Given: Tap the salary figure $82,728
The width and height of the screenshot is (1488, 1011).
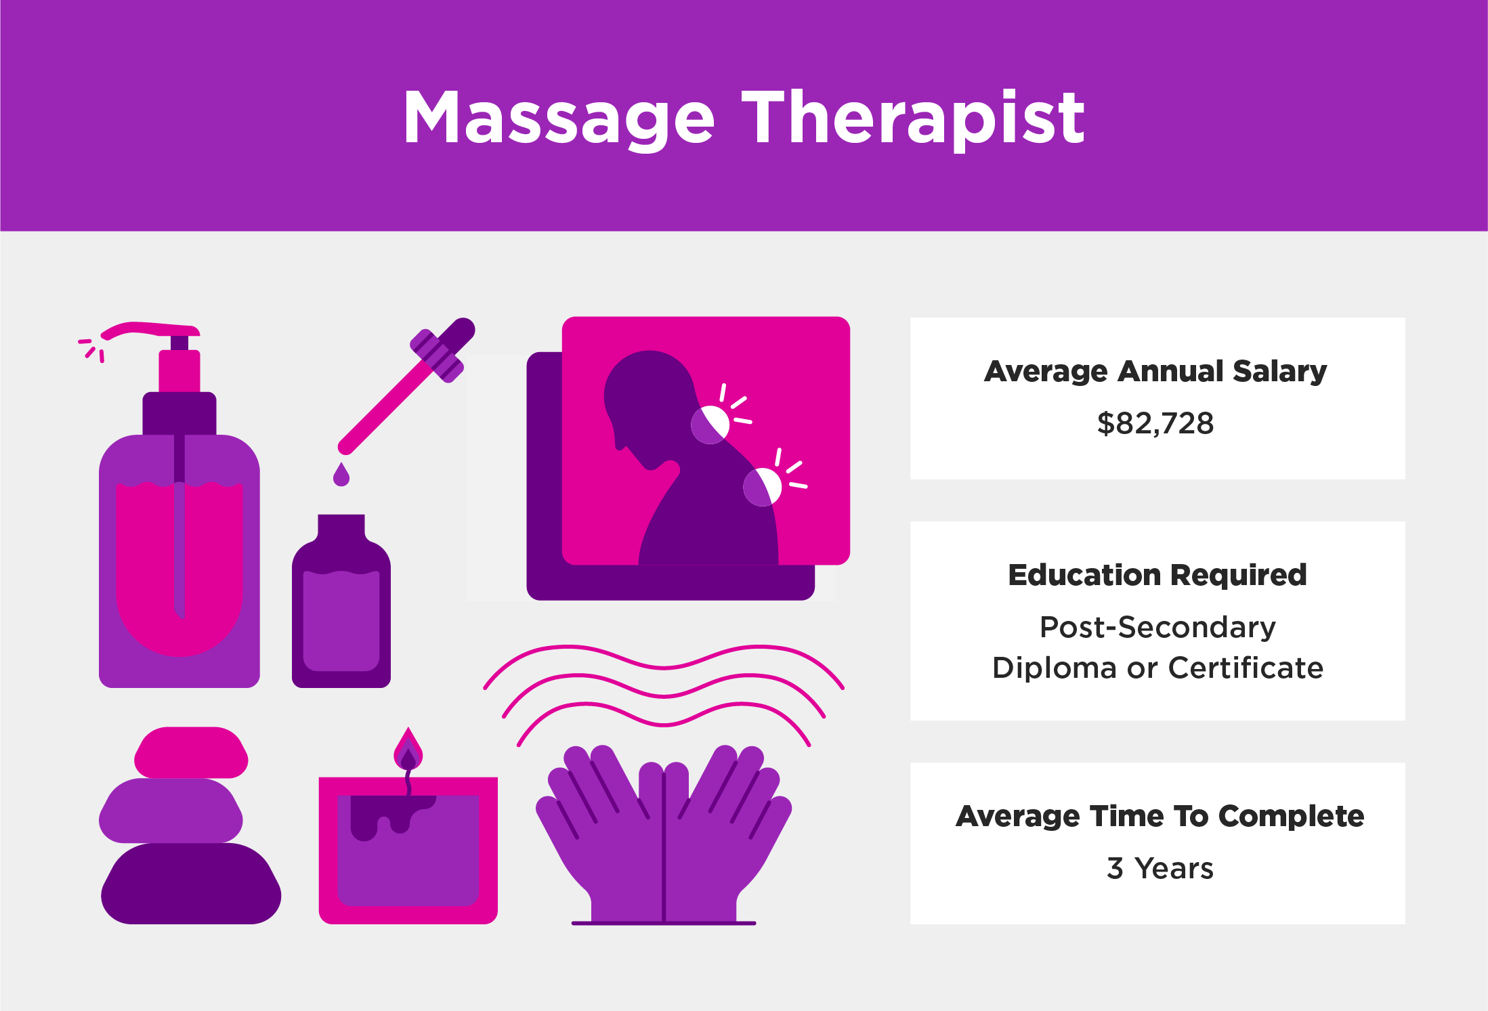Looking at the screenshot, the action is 1155,423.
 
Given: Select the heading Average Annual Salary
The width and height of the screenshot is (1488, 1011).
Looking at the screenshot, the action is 1155,371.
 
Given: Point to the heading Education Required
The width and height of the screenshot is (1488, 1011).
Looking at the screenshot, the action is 1157,575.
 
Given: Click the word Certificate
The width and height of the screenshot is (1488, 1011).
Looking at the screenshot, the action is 1246,668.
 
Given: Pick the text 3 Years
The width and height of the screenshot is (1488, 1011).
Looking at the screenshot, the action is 1160,868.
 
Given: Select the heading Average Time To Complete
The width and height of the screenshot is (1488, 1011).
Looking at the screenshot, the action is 1160,816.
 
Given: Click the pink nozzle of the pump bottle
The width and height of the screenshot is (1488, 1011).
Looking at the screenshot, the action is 150,330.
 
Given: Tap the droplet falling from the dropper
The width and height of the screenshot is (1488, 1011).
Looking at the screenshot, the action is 341,474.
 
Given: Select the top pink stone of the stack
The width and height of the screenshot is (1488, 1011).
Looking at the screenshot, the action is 191,752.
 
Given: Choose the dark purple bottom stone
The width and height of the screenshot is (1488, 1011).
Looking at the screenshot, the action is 191,884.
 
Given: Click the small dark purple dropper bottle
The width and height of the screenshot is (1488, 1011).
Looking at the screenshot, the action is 341,601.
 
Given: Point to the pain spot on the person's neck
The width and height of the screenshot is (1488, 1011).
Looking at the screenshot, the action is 710,425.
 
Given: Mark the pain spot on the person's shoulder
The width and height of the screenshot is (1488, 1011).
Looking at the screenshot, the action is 762,487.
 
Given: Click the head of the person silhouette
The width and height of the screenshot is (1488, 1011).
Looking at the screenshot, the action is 648,400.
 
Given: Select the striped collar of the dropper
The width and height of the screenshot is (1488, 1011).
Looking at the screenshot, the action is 438,356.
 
